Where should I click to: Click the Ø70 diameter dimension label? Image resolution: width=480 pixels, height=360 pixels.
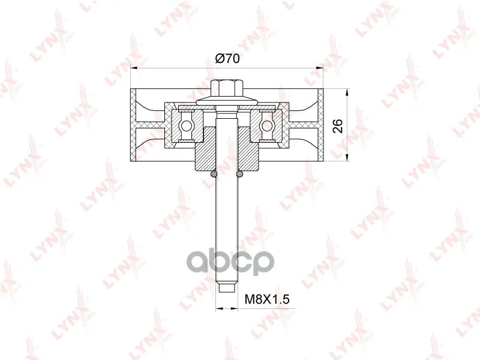click(227, 58)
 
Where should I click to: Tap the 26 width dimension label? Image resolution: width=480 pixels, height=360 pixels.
click(338, 125)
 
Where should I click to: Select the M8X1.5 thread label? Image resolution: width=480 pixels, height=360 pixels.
click(267, 299)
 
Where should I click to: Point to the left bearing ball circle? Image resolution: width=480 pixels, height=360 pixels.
click(186, 125)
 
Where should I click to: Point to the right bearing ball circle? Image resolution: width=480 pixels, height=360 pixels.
click(267, 125)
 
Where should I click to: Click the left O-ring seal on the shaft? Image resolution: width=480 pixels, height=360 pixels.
click(214, 174)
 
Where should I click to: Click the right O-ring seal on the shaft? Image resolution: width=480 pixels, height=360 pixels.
click(239, 174)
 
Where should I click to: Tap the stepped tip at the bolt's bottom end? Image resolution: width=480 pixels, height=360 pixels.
click(227, 289)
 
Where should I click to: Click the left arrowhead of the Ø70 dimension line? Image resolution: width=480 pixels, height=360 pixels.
click(133, 68)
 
